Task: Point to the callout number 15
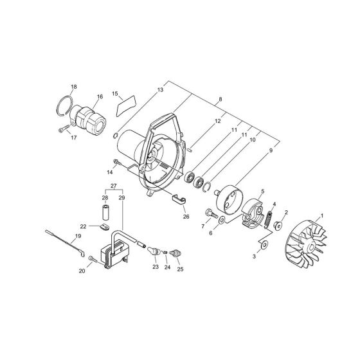[116, 94]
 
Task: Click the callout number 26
[186, 217]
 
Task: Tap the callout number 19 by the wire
[79, 237]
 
